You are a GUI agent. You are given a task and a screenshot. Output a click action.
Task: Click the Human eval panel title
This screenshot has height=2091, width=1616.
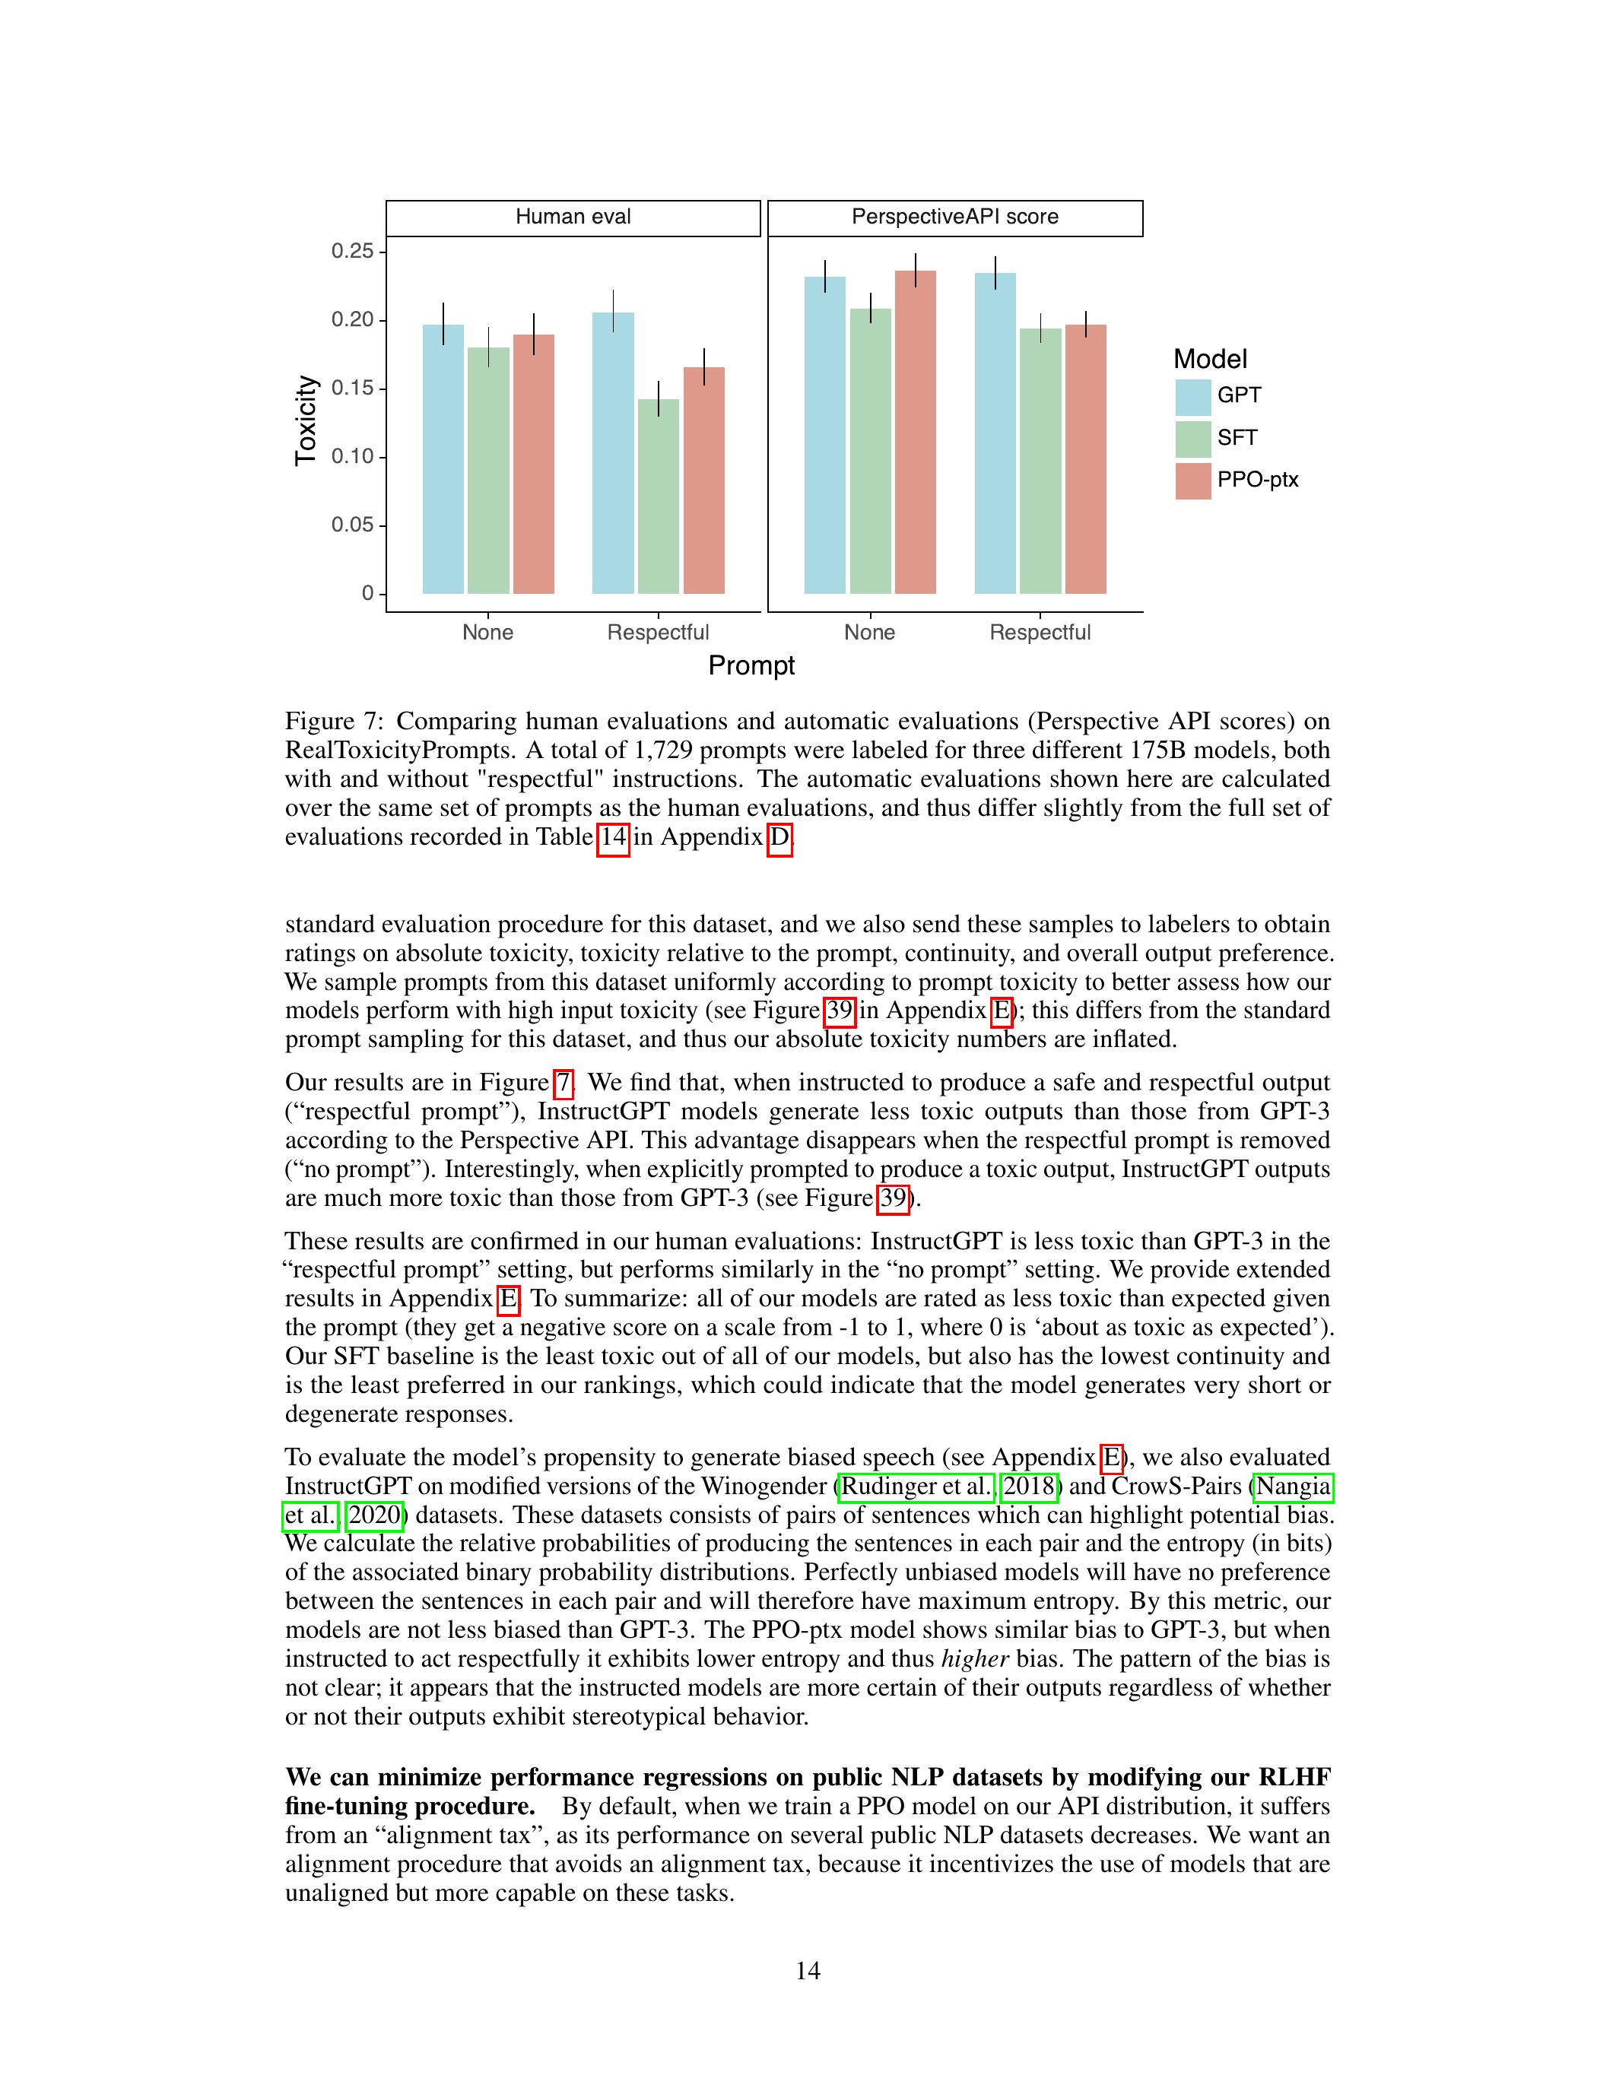[573, 217]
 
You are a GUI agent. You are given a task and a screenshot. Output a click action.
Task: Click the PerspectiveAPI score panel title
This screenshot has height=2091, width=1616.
[954, 217]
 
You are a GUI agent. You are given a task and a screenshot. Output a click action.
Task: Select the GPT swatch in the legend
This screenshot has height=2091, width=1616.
[1193, 396]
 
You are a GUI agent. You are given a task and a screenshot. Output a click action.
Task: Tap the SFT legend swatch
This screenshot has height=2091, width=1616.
[1193, 439]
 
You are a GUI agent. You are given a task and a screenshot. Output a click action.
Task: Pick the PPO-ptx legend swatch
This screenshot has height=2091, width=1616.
[1193, 481]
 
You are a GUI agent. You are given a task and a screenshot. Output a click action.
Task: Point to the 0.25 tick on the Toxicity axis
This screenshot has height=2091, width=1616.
[351, 252]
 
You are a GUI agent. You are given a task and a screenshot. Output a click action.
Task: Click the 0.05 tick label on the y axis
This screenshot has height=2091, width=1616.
[351, 525]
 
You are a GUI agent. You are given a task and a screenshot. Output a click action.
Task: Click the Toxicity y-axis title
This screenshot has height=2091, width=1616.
[306, 421]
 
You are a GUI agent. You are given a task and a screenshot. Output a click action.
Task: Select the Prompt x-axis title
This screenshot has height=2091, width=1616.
[751, 665]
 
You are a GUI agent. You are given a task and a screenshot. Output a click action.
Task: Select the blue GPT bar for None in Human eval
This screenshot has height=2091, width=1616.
[443, 459]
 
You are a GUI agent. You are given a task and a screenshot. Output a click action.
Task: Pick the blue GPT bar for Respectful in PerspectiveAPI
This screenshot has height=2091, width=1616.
[995, 433]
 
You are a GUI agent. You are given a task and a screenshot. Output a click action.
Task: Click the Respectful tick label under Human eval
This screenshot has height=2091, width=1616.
[658, 633]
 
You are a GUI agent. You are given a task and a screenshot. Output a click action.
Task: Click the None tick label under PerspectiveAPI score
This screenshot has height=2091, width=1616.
[869, 633]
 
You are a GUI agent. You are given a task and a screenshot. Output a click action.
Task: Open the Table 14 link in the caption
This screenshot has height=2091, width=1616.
[613, 838]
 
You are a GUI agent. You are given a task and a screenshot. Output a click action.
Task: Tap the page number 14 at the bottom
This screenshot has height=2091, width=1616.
[807, 1970]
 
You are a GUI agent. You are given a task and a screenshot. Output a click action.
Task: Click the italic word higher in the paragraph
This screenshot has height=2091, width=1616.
[976, 1659]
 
